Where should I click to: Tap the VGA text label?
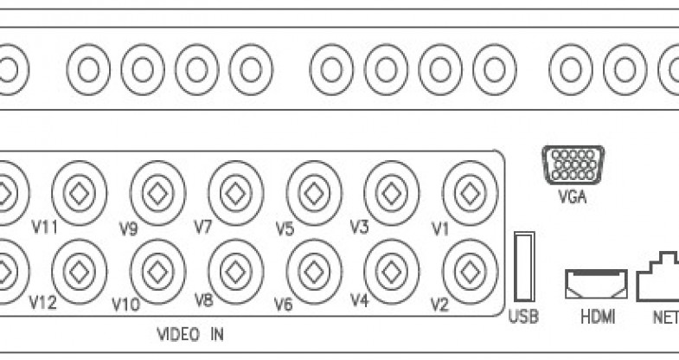pyautogui.click(x=573, y=196)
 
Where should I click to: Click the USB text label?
pyautogui.click(x=523, y=317)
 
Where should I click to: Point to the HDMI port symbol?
pyautogui.click(x=596, y=283)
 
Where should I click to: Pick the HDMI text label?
pyautogui.click(x=597, y=317)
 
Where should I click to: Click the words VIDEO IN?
pyautogui.click(x=189, y=333)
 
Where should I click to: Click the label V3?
pyautogui.click(x=360, y=227)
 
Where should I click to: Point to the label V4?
pyautogui.click(x=361, y=301)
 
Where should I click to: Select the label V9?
pyautogui.click(x=130, y=229)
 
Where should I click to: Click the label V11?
pyautogui.click(x=44, y=228)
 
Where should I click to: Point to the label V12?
pyautogui.click(x=42, y=304)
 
